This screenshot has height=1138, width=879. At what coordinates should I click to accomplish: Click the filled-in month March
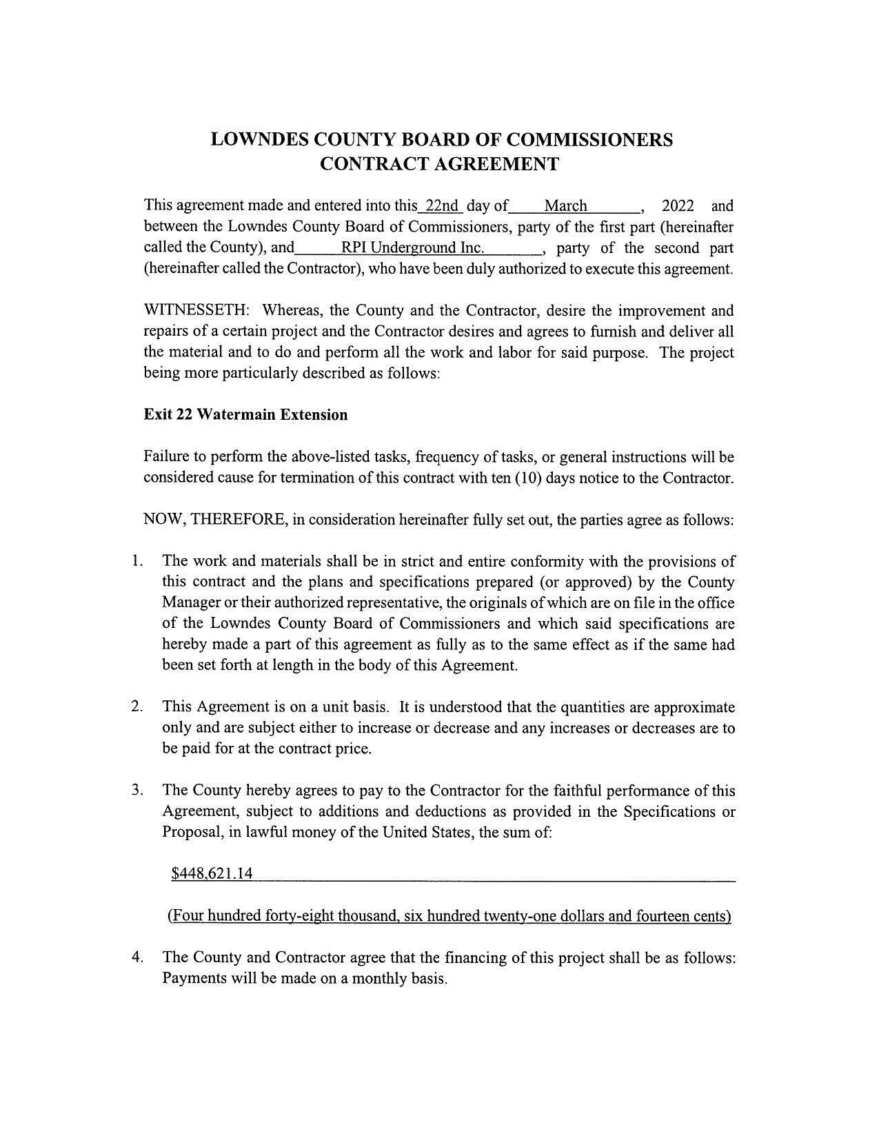[565, 205]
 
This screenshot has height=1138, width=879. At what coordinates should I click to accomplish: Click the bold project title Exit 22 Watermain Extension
[245, 414]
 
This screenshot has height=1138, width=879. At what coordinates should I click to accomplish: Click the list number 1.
[137, 561]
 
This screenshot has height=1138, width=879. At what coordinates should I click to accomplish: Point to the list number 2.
[137, 707]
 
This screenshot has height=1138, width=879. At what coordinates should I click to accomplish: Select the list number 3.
[137, 790]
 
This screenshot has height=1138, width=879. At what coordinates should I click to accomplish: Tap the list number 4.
[137, 957]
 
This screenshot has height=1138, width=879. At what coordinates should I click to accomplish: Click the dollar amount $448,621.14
[212, 874]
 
